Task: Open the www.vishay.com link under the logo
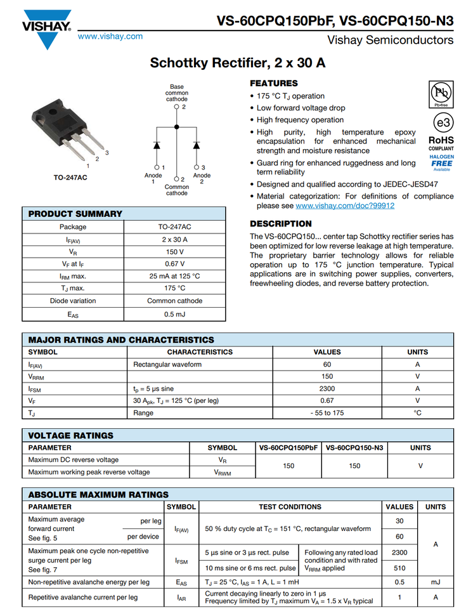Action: (x=110, y=36)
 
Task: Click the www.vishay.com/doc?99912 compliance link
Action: (x=345, y=206)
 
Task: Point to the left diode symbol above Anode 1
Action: (x=156, y=145)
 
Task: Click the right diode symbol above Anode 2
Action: (x=196, y=145)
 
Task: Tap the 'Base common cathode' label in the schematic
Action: (x=177, y=93)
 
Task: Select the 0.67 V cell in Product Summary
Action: (x=174, y=264)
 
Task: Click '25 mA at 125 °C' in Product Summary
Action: (x=174, y=276)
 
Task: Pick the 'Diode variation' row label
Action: (x=73, y=301)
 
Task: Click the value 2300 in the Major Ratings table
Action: (x=327, y=388)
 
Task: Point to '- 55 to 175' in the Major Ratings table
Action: (x=327, y=412)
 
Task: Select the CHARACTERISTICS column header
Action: (x=200, y=352)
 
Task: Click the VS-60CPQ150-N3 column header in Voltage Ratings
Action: (x=354, y=447)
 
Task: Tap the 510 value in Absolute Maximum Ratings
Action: (x=399, y=568)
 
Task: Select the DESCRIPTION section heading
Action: (x=281, y=224)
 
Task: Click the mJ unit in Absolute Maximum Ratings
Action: (x=436, y=582)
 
